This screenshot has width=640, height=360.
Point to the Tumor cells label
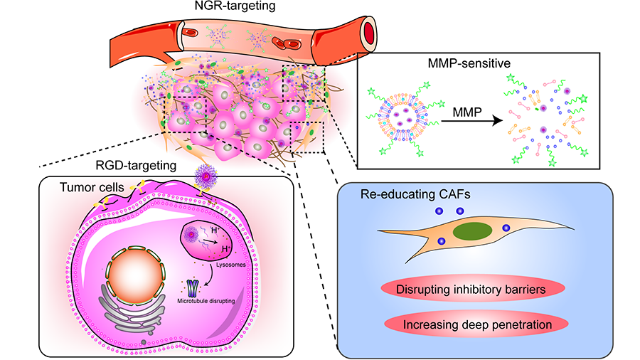85,187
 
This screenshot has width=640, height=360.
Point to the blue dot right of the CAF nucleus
506,228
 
